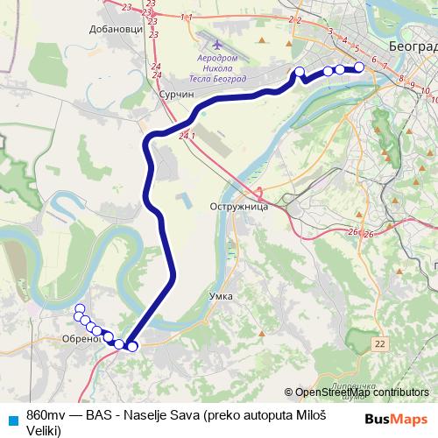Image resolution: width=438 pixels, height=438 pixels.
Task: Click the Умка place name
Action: click(x=221, y=296)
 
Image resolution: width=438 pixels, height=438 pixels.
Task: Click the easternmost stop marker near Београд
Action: click(x=358, y=68)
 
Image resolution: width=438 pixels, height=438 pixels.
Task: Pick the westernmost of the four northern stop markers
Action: click(x=300, y=72)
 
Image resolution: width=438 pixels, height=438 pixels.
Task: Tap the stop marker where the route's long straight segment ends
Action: click(x=132, y=347)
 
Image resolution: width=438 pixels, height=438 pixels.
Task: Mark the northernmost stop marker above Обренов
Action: click(x=80, y=308)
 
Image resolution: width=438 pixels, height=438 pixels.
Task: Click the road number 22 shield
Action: click(x=378, y=345)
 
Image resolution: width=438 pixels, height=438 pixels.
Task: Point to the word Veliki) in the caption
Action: click(x=44, y=430)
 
